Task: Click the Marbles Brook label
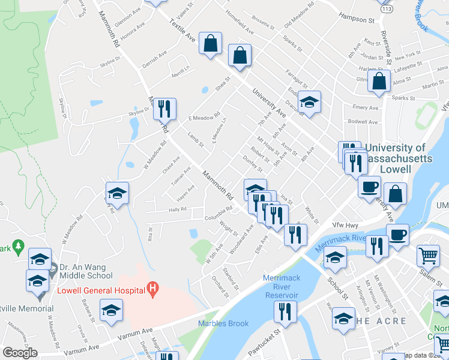[223, 324]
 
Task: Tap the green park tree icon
[18, 246]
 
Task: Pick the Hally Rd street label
[177, 209]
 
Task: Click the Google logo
[20, 353]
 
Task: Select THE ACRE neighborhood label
[381, 321]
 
